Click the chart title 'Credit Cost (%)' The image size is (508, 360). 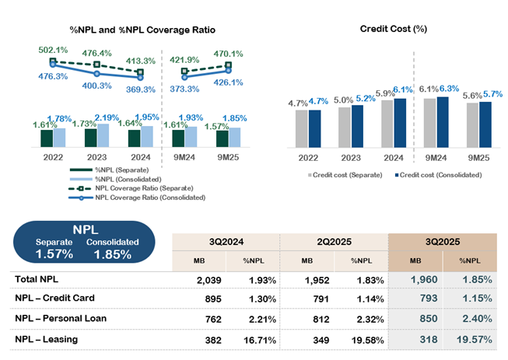(x=394, y=29)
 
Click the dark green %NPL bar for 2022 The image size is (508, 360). (x=47, y=138)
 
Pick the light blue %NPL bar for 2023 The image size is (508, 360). (x=103, y=135)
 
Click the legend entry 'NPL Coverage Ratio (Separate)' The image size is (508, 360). (x=149, y=187)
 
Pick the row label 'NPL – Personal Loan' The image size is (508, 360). (x=61, y=317)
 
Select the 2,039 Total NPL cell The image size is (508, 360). (x=211, y=278)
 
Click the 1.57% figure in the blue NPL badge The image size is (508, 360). (x=55, y=253)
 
